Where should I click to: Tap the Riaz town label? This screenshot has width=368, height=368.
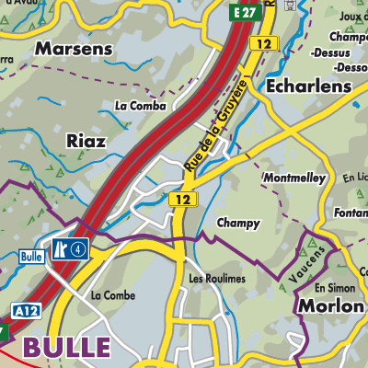pyautogui.click(x=86, y=141)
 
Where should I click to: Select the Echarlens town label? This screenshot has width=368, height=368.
pyautogui.click(x=307, y=85)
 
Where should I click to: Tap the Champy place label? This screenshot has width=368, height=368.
pyautogui.click(x=238, y=223)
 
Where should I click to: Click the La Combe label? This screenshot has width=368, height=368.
pyautogui.click(x=113, y=295)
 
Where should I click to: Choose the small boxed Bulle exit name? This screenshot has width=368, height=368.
pyautogui.click(x=30, y=257)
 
